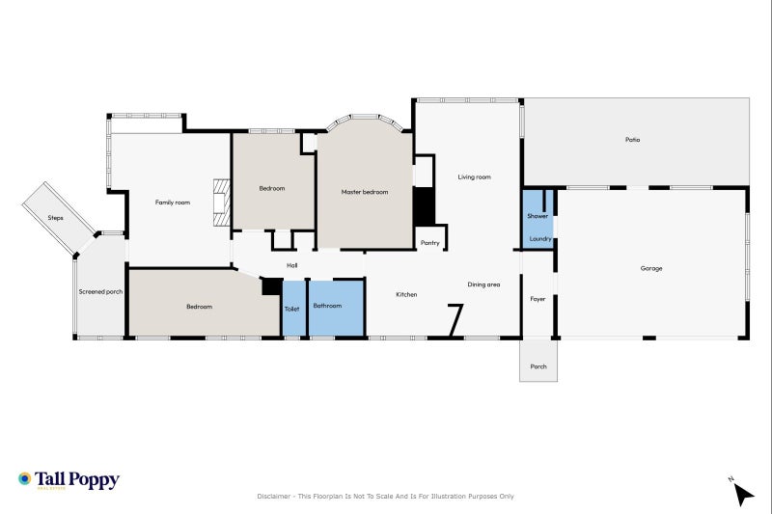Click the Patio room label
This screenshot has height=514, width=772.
(632, 140)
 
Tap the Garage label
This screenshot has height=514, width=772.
(651, 268)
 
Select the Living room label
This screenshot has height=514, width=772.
(474, 176)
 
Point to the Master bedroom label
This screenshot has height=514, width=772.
(365, 192)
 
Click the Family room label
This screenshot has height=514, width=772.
(173, 202)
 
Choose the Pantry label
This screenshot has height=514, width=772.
(430, 243)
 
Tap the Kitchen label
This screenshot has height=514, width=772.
(406, 294)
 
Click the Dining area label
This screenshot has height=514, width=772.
(483, 284)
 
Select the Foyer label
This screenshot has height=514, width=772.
(538, 299)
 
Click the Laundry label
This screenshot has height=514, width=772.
(539, 238)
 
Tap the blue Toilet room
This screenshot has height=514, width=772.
(292, 309)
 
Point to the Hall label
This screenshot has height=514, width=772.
(291, 265)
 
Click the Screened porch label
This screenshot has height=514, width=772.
(100, 291)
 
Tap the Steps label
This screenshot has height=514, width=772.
(56, 218)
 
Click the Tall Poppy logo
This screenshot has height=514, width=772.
(69, 479)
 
